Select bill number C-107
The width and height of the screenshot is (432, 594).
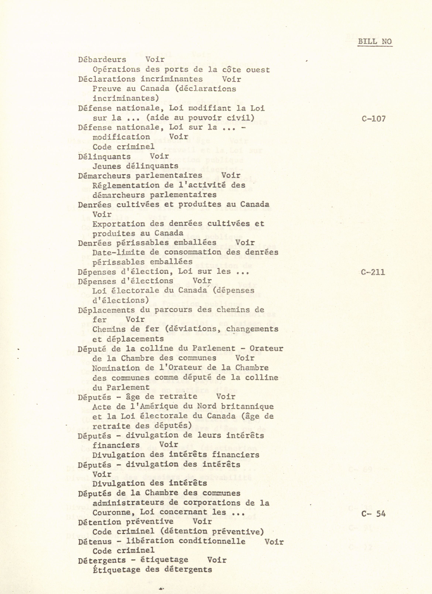click(373, 119)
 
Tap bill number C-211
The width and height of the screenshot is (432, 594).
click(373, 272)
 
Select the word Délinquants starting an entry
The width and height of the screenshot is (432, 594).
click(104, 157)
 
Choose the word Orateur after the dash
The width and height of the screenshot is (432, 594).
click(266, 349)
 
